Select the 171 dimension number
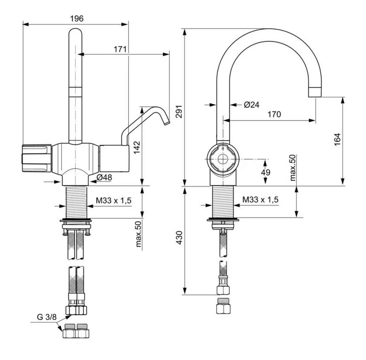tap(120, 49)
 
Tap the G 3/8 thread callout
tap(46, 317)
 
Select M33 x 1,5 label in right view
tap(260, 200)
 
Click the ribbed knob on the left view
tap(34, 158)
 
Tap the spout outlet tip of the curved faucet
tap(315, 92)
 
